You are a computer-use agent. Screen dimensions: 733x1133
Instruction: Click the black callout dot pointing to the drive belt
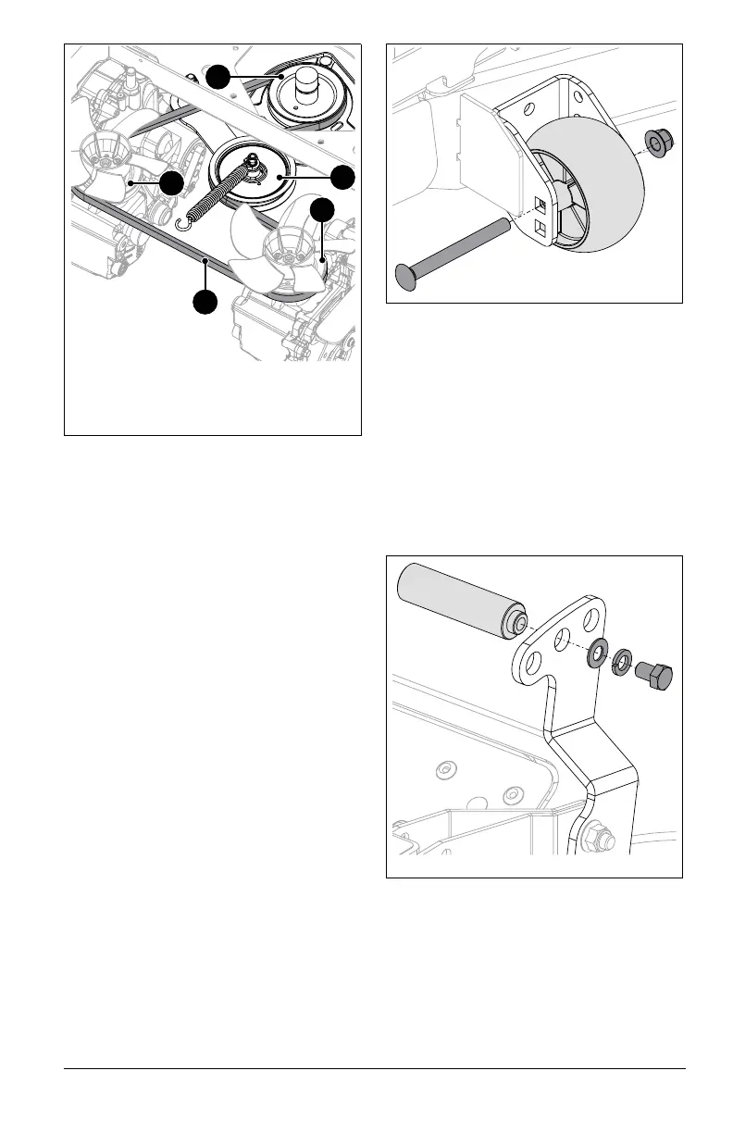(x=205, y=302)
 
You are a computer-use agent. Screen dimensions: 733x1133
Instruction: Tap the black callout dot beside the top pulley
(x=217, y=77)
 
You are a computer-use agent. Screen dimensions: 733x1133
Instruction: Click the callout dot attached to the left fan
(x=170, y=183)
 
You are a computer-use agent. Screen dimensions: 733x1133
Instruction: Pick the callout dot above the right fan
(x=321, y=210)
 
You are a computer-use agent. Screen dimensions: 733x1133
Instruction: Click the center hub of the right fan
(x=284, y=246)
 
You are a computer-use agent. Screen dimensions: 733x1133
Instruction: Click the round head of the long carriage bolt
(x=408, y=275)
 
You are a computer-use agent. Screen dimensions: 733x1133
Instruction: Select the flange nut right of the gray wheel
(x=658, y=142)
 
